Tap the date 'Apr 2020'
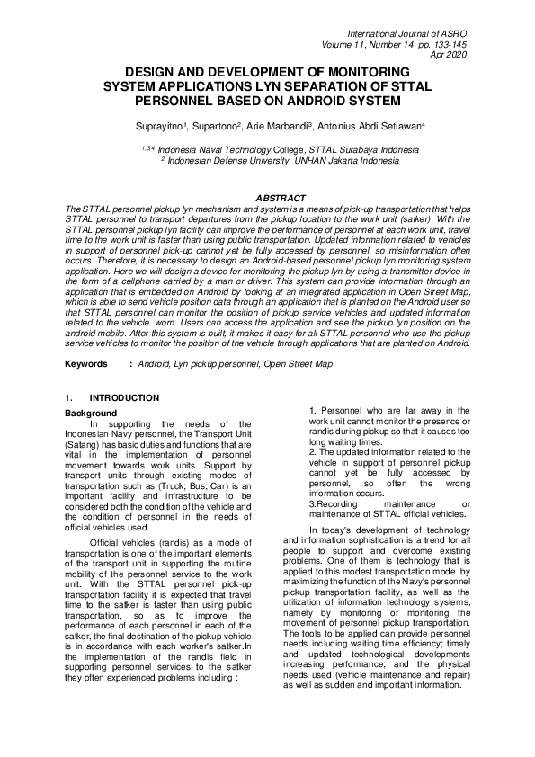coord(450,54)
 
